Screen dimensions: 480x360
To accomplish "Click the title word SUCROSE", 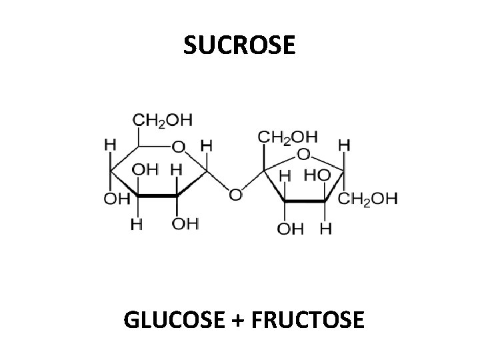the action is point(238,45).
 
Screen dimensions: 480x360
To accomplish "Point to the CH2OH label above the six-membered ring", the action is point(162,121).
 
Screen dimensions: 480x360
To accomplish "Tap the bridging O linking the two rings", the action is point(235,195).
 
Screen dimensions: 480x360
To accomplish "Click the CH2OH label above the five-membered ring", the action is point(287,137).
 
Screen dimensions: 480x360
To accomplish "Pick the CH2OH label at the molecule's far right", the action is point(367,198).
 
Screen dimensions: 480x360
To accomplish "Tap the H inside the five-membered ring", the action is point(285,175).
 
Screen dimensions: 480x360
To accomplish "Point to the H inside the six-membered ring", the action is point(176,169).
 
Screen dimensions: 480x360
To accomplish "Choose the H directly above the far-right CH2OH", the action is point(344,143).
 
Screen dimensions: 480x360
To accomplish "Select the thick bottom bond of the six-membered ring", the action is point(157,195).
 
